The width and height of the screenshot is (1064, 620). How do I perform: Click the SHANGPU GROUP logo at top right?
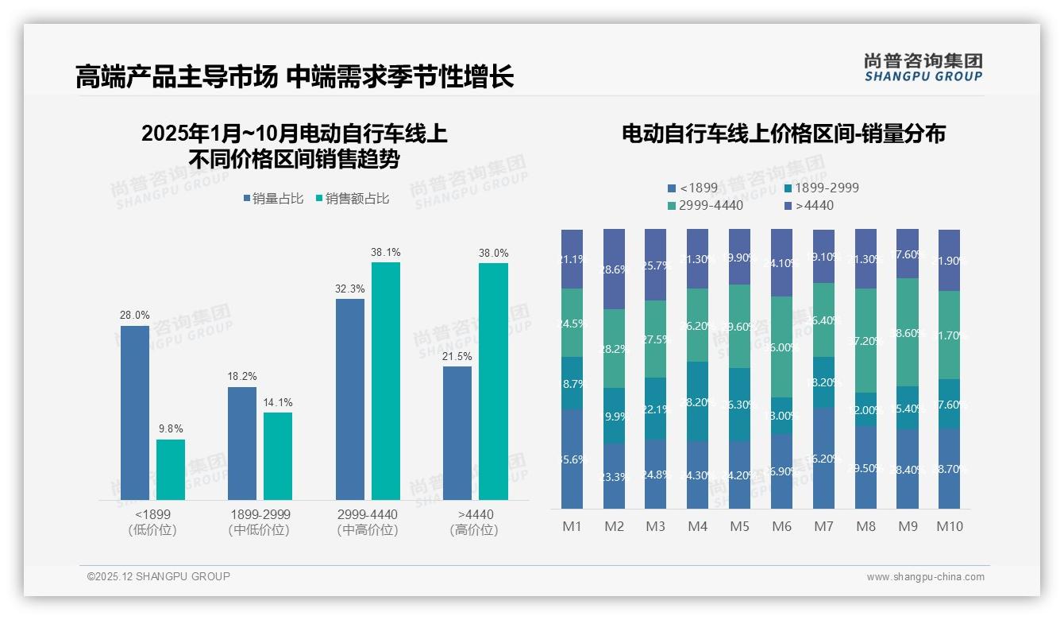[x=923, y=68]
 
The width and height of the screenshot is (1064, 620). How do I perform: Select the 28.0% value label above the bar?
[x=134, y=316]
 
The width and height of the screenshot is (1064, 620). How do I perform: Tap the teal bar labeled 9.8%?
[x=170, y=469]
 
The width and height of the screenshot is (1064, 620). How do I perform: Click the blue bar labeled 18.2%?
[x=241, y=443]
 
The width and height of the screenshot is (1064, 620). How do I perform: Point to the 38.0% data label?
[x=493, y=253]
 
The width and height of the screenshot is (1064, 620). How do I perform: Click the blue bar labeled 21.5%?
[x=457, y=432]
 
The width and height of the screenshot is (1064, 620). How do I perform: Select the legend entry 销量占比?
[x=272, y=199]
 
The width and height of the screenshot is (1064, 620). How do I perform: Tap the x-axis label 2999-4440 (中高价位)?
[x=368, y=522]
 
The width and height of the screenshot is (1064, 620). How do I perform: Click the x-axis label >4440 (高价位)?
[x=475, y=522]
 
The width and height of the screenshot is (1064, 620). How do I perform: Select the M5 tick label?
[x=739, y=526]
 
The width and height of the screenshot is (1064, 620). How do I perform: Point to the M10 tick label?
[x=949, y=526]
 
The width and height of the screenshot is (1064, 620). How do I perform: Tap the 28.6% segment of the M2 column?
[x=614, y=269]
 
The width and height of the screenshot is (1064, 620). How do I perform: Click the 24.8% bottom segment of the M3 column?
[x=656, y=475]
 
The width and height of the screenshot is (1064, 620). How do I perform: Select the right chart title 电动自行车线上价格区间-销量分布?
[x=783, y=134]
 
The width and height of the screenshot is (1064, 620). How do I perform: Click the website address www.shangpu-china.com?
[x=925, y=577]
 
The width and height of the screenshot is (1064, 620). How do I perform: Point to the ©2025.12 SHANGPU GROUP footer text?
[x=158, y=576]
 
